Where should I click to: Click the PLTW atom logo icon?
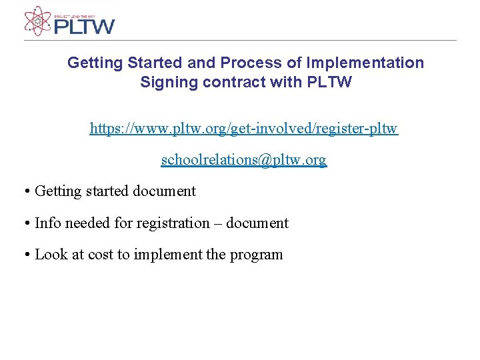(x=37, y=21)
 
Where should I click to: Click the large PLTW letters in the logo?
(x=84, y=27)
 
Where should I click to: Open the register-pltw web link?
(x=244, y=128)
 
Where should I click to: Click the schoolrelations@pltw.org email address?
(x=244, y=160)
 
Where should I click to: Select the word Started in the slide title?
(x=146, y=63)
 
